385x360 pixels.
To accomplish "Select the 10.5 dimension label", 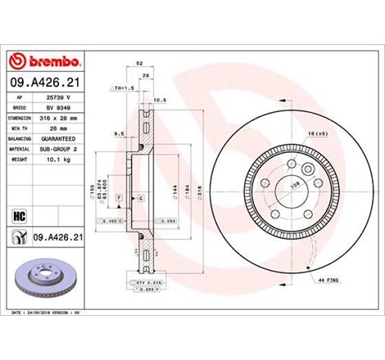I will click(x=160, y=101).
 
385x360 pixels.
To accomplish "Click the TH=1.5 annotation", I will click(x=125, y=87).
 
